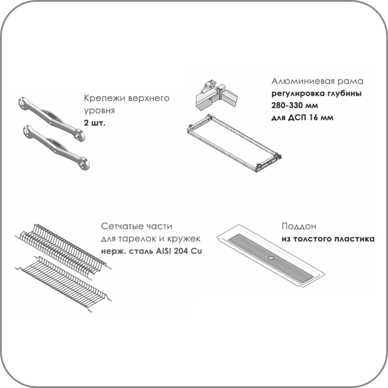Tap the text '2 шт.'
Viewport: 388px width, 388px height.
point(95,123)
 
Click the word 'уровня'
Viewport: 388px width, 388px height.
point(100,111)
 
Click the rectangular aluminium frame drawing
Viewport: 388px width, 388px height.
point(234,143)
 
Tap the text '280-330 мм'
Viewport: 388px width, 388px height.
point(295,105)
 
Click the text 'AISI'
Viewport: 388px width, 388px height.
point(164,251)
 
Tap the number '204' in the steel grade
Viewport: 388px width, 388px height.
point(181,251)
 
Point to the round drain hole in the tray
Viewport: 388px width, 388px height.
point(271,258)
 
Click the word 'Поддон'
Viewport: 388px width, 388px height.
point(299,226)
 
